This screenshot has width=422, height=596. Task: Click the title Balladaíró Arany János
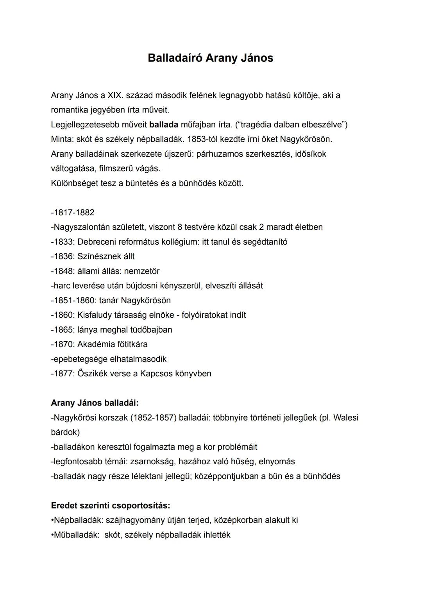click(211, 58)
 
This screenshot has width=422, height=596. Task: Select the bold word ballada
click(164, 125)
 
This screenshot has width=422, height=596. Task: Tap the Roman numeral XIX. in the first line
click(115, 95)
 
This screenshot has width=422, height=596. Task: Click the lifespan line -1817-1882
click(73, 213)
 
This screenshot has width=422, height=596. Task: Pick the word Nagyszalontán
click(80, 227)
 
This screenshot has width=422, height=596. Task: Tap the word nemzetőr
click(142, 271)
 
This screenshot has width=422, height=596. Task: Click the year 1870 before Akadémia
click(64, 344)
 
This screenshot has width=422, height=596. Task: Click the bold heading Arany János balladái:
click(95, 403)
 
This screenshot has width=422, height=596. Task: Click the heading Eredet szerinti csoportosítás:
click(111, 506)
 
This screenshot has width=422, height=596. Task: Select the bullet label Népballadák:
click(77, 520)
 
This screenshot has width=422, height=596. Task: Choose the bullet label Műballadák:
click(75, 535)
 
